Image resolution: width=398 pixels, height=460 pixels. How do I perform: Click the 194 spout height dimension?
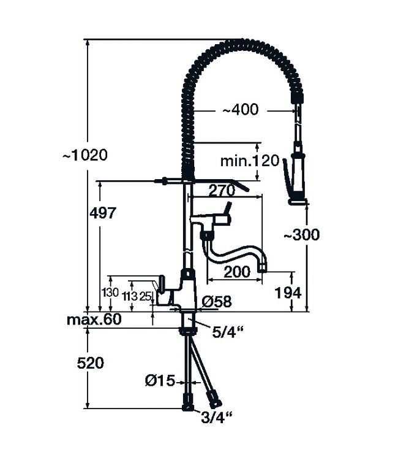(288, 293)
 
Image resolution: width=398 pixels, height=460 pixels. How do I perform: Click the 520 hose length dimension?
(91, 362)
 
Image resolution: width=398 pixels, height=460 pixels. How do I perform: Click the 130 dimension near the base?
(111, 293)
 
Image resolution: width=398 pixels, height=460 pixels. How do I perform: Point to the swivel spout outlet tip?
(263, 266)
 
